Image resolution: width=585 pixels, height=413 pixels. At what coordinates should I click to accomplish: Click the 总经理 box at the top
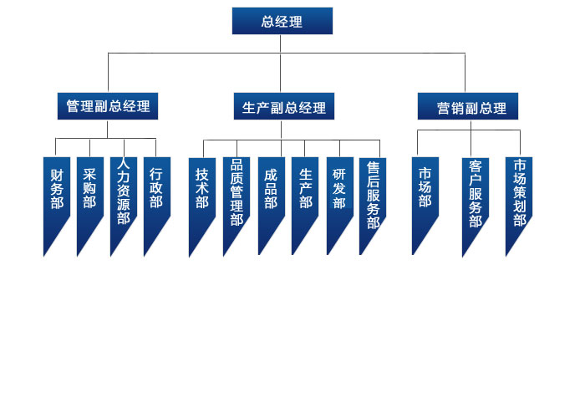(282, 21)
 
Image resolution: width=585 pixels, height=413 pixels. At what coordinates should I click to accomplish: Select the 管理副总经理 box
(108, 106)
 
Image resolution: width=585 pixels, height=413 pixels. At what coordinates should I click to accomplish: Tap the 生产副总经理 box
(283, 106)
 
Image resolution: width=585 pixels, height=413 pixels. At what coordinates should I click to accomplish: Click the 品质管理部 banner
(237, 192)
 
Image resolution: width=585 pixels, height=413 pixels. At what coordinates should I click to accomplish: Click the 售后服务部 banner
(373, 192)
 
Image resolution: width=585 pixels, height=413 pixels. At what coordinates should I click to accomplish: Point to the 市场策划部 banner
(519, 192)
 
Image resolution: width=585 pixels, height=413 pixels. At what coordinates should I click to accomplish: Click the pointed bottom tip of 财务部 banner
(45, 253)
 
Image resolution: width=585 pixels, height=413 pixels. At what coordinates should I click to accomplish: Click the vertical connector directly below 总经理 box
(282, 43)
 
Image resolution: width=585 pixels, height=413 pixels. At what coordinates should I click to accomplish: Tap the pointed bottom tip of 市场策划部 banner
(507, 253)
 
